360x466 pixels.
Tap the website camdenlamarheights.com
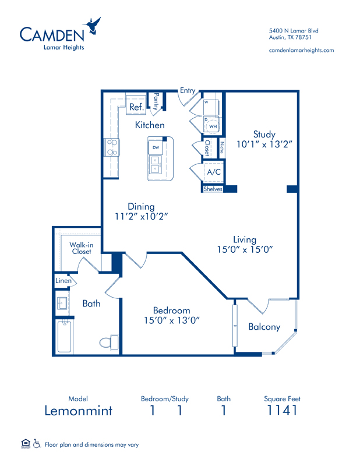pyautogui.click(x=301, y=50)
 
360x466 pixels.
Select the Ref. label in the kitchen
pyautogui.click(x=136, y=107)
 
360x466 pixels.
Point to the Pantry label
pyautogui.click(x=156, y=101)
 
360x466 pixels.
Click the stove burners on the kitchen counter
pyautogui.click(x=112, y=147)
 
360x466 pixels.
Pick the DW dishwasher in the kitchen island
pyautogui.click(x=156, y=147)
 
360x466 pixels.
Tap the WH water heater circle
pyautogui.click(x=213, y=126)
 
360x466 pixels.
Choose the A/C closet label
pyautogui.click(x=214, y=172)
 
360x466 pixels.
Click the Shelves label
pyautogui.click(x=213, y=189)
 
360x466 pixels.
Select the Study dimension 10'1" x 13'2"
pyautogui.click(x=264, y=144)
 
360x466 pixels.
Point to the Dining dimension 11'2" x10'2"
pyautogui.click(x=142, y=216)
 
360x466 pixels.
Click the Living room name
pyautogui.click(x=245, y=239)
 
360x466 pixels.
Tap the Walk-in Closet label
pyautogui.click(x=82, y=248)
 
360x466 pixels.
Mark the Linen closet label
pyautogui.click(x=63, y=281)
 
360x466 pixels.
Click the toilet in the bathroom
pyautogui.click(x=109, y=343)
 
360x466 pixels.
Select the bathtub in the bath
pyautogui.click(x=65, y=336)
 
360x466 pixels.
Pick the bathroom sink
pyautogui.click(x=62, y=303)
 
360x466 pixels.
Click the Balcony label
pyautogui.click(x=264, y=327)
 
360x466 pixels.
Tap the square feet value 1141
pyautogui.click(x=282, y=411)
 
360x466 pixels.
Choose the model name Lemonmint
pyautogui.click(x=79, y=411)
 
